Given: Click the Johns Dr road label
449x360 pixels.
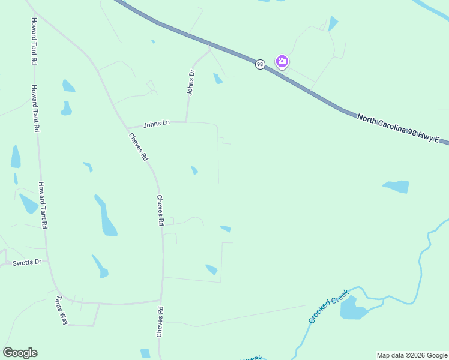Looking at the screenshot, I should point(191,82).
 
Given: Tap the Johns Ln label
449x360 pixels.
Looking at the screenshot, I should point(157,124).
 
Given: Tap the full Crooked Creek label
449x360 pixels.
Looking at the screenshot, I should point(328,305).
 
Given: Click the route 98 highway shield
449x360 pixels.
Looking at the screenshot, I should point(259,64).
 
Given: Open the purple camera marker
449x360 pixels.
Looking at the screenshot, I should point(282,61).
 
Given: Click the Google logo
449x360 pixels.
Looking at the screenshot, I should point(20,353).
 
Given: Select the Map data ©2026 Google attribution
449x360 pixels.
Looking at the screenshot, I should point(412,355).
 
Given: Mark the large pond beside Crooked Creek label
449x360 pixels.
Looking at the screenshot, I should point(353,308).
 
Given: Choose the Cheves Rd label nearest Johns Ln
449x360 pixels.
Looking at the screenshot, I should point(138,146).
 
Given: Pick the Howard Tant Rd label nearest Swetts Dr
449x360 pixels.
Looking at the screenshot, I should point(43,205).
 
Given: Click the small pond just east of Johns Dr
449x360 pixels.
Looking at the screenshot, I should point(218,79).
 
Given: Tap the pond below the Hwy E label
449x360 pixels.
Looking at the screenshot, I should point(397,187).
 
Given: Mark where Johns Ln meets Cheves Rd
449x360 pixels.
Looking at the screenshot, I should point(127,128).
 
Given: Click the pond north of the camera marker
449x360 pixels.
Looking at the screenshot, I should point(333,23).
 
